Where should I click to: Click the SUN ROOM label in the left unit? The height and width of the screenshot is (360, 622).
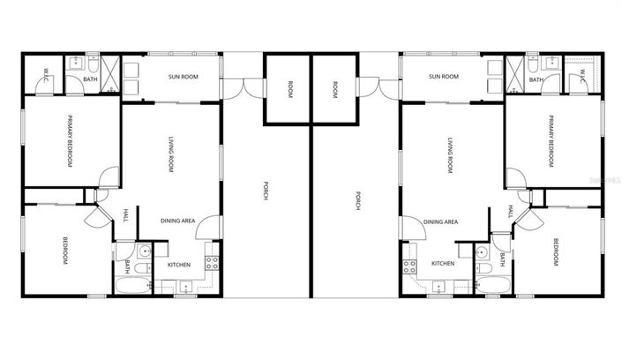click(183, 77)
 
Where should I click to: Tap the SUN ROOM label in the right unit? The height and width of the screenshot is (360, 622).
click(443, 77)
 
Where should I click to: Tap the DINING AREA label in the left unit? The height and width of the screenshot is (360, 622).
click(177, 221)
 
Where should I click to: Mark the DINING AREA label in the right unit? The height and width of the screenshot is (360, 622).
click(440, 222)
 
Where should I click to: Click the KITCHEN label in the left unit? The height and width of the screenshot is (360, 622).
click(179, 264)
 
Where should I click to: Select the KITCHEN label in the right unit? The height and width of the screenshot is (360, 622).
click(442, 264)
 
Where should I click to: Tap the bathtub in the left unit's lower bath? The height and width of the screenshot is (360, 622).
click(132, 285)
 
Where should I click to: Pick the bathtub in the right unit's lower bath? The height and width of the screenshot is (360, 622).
click(492, 285)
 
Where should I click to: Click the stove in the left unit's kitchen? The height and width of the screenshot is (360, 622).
click(212, 261)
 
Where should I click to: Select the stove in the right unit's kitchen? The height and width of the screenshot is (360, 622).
click(409, 261)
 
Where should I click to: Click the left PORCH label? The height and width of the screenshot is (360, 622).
click(266, 191)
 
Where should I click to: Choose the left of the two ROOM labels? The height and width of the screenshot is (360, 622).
click(289, 88)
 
